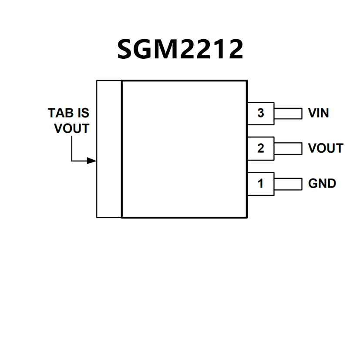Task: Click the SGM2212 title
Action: click(x=180, y=49)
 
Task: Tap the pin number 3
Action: click(x=260, y=113)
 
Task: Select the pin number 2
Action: click(x=260, y=148)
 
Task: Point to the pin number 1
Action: click(x=260, y=184)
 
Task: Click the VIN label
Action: click(x=318, y=113)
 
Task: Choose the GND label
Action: click(x=322, y=184)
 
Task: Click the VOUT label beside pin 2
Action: click(x=326, y=148)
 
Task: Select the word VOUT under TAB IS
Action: click(x=71, y=129)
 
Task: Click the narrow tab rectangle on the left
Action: click(x=109, y=149)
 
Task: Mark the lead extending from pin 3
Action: click(x=288, y=113)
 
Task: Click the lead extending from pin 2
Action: click(x=288, y=148)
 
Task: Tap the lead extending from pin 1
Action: click(x=288, y=184)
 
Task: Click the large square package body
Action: click(x=184, y=149)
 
